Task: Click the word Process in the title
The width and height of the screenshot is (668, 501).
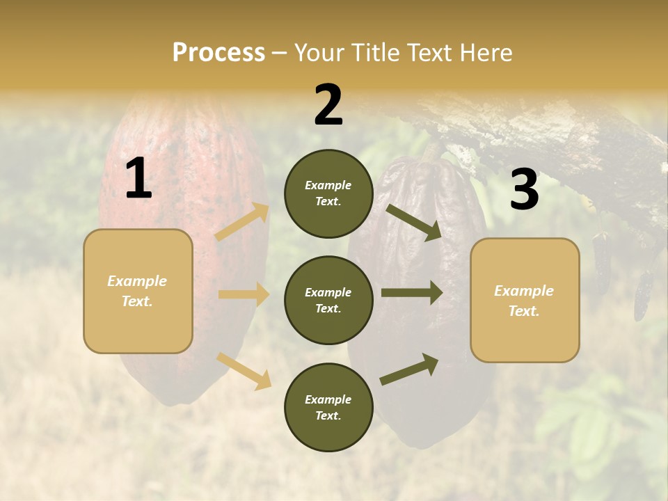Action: (x=218, y=52)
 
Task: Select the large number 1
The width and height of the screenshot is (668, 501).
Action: (x=138, y=180)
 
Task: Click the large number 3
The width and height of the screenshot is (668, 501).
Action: (x=524, y=191)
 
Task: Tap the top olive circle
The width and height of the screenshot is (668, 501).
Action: (x=328, y=193)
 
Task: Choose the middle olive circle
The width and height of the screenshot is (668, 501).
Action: (x=328, y=300)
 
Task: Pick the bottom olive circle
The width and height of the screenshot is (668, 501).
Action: (x=328, y=407)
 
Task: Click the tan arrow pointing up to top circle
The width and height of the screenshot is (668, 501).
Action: (x=243, y=222)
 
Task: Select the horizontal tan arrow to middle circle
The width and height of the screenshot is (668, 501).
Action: (x=244, y=294)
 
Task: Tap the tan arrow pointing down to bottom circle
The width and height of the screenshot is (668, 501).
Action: (x=244, y=371)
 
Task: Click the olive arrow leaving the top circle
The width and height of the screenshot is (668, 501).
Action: (x=414, y=223)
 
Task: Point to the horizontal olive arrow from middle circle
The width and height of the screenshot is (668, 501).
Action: (x=411, y=292)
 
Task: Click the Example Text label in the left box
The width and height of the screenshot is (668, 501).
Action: (x=138, y=291)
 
